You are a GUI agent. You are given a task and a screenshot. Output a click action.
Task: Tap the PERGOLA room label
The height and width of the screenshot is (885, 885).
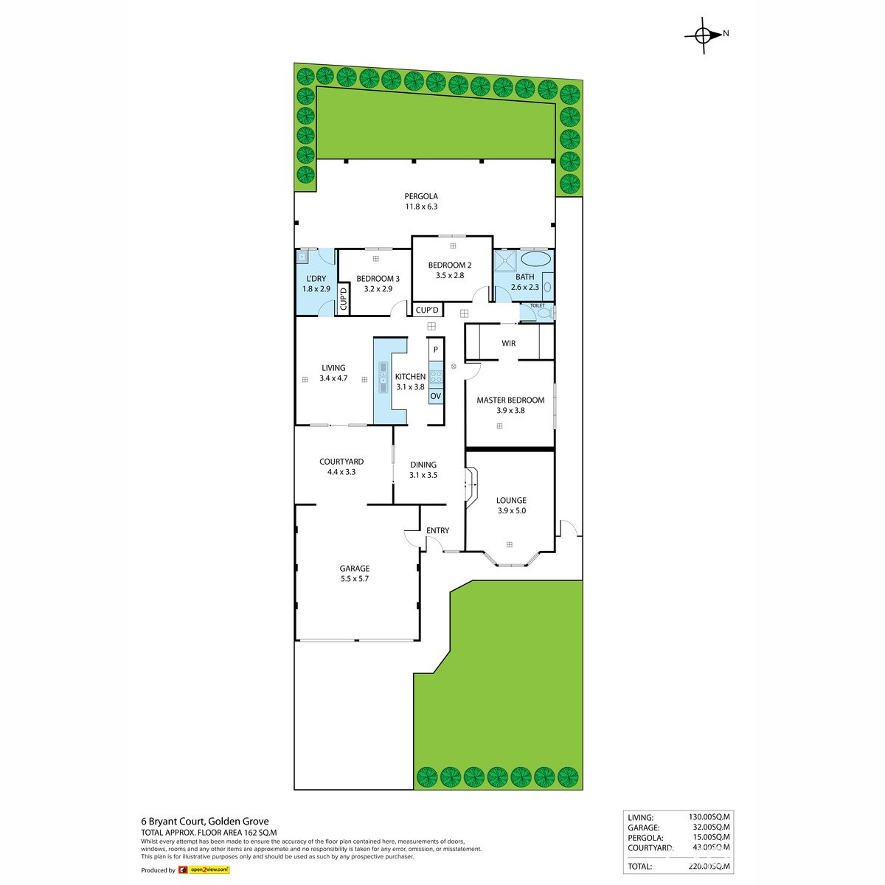[x=421, y=197]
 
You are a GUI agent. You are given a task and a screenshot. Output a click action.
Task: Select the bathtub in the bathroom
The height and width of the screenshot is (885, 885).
[x=535, y=260]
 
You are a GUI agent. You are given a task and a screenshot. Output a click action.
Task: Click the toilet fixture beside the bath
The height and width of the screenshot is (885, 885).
[x=544, y=313]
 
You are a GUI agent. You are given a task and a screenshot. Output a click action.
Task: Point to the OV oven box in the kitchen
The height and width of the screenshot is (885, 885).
[x=436, y=396]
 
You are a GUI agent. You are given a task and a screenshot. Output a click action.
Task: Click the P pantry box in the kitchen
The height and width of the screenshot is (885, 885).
[x=436, y=350]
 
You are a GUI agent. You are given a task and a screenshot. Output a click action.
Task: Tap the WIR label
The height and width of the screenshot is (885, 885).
[x=509, y=343]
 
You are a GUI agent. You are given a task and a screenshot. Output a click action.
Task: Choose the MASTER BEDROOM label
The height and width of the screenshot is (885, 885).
[x=510, y=400]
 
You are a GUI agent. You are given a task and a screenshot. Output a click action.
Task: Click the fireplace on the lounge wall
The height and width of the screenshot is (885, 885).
[x=470, y=485]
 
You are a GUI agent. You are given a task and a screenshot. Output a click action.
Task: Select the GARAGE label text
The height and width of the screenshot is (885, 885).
[x=355, y=569]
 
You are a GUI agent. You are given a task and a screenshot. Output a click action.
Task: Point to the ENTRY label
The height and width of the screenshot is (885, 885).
[x=438, y=530]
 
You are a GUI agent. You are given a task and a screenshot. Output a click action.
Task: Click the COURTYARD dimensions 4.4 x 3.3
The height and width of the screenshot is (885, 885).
[x=341, y=472]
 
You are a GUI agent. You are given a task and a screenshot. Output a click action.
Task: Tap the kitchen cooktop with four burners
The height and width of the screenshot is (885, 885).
[x=436, y=377]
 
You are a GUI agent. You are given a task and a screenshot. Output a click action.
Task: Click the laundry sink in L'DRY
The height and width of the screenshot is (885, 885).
[x=302, y=257]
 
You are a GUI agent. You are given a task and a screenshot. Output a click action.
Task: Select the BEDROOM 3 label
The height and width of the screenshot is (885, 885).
[x=378, y=279]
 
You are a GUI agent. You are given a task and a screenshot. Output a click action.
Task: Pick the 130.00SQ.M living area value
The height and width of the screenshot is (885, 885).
[x=709, y=817]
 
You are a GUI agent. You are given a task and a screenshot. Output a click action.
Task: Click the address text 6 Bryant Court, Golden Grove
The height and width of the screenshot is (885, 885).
[x=205, y=821]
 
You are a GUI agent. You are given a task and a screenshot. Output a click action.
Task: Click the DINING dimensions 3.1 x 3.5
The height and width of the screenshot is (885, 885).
[x=423, y=475]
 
